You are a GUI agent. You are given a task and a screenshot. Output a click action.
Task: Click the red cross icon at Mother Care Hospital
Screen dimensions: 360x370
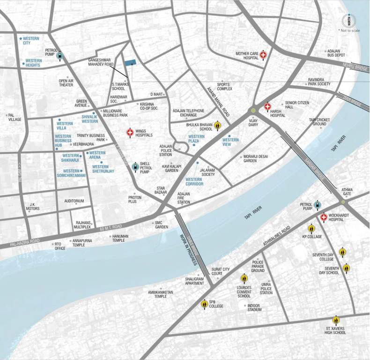coord(263,55)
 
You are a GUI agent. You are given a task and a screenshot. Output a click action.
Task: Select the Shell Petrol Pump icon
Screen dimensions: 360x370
coord(135,166)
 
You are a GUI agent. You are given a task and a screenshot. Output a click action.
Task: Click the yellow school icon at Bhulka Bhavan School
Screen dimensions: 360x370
coord(217,126)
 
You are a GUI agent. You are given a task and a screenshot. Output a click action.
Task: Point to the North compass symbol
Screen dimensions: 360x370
coord(348,20)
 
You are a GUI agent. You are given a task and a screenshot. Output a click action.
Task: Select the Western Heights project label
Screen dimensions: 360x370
coord(33,63)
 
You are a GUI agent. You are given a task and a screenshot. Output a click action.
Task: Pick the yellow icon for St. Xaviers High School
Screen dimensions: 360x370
coord(336,320)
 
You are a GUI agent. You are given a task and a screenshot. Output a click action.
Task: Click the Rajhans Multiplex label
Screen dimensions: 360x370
coord(82,225)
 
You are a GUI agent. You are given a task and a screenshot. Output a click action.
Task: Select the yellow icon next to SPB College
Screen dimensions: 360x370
coord(204,304)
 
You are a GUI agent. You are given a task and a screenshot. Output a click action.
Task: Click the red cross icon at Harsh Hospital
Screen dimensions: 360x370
coord(267,107)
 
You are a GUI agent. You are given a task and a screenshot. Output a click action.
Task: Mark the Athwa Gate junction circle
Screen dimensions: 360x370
coord(343,202)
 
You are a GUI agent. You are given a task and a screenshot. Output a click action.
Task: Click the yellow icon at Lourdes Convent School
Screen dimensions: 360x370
coord(244,278)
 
